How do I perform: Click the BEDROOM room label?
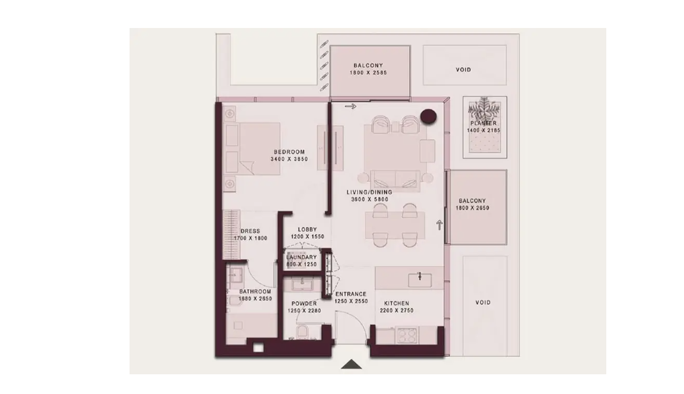pos(289,152)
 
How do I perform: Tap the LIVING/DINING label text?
pos(369,192)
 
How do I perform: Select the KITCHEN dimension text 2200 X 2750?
pos(396,311)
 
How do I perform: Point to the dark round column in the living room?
pos(428,116)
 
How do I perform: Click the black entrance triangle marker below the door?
pos(351,364)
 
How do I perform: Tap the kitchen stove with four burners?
pos(407,335)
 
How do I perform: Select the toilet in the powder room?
pos(302,332)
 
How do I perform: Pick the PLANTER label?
pos(483,123)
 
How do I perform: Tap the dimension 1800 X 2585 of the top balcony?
pos(368,73)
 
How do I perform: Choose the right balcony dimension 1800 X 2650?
pos(473,208)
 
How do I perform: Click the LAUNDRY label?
pos(302,257)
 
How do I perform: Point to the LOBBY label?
pos(307,229)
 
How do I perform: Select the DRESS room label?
pos(250,231)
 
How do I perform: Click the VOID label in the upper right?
pos(463,69)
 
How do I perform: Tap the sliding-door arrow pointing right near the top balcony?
pos(350,106)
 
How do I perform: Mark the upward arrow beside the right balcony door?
pos(439,225)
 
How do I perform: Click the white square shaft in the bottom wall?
pos(259,348)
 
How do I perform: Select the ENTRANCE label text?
pos(351,294)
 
